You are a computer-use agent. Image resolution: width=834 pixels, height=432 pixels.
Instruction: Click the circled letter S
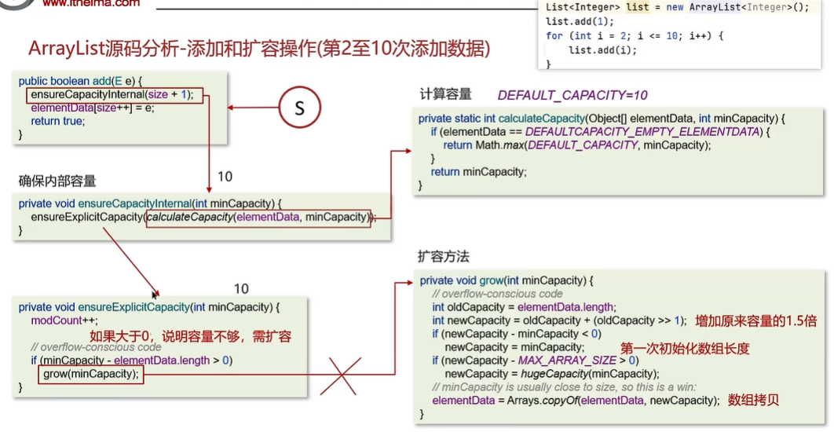tap(298, 109)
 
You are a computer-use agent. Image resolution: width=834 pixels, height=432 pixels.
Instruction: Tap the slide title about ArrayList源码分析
tap(259, 49)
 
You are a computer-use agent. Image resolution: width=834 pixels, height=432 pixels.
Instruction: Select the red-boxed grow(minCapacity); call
tap(90, 374)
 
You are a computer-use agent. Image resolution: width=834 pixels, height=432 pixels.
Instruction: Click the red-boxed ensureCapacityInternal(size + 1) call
tap(115, 95)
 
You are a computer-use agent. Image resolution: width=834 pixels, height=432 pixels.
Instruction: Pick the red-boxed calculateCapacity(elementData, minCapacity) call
tap(258, 217)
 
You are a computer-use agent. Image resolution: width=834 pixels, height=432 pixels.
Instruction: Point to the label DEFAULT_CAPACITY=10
tap(572, 95)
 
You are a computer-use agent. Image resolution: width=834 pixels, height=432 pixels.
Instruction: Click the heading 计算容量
tap(445, 94)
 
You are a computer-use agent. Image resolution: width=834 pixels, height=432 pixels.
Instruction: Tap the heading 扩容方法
tap(444, 257)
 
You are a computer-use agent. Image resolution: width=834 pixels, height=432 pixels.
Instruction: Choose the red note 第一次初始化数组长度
tap(685, 348)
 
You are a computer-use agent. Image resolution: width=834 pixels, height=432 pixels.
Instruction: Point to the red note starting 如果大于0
tap(190, 336)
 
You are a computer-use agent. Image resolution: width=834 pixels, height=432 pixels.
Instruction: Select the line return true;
tap(57, 121)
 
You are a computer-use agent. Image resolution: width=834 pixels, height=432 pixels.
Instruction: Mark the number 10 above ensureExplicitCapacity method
tap(241, 289)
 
